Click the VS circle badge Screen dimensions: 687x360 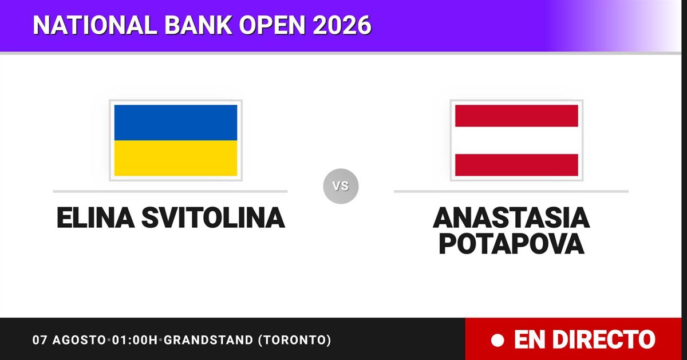341,186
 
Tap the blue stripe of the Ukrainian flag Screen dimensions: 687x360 176,122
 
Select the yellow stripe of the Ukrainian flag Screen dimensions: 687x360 176,158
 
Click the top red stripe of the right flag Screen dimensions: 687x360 516,116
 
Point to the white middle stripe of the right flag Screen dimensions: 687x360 516,140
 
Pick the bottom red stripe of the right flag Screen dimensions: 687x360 516,165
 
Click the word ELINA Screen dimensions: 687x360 96,217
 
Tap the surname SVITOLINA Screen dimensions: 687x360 213,217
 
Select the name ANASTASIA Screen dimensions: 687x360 511,217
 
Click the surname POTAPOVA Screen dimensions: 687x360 512,244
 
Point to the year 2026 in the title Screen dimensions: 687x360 342,25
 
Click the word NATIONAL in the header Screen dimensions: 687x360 95,25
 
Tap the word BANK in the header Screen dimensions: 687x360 198,25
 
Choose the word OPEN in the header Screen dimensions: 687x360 273,25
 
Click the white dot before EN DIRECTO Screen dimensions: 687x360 498,340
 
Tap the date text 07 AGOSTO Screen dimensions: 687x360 69,340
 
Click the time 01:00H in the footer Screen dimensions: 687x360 135,340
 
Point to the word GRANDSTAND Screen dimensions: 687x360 208,340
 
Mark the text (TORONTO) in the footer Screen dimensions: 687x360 295,340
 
